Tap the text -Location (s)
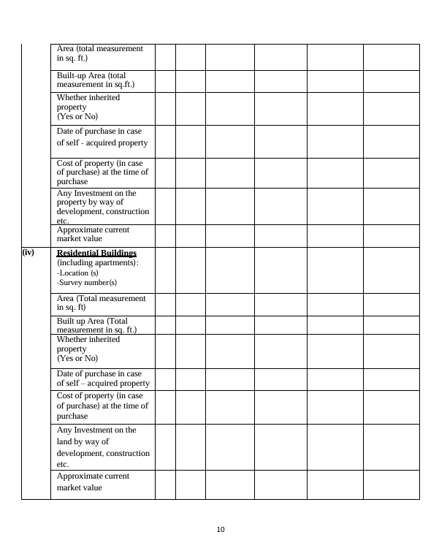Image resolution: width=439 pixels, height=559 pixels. pyautogui.click(x=77, y=273)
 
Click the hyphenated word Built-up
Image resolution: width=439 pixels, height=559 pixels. pyautogui.click(x=72, y=75)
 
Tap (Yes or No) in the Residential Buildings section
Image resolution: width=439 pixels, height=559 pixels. pyautogui.click(x=77, y=359)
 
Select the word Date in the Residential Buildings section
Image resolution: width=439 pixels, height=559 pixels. pyautogui.click(x=66, y=373)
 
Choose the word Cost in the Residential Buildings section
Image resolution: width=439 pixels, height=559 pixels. pyautogui.click(x=66, y=395)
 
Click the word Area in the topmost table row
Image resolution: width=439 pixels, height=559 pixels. pyautogui.click(x=66, y=48)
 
